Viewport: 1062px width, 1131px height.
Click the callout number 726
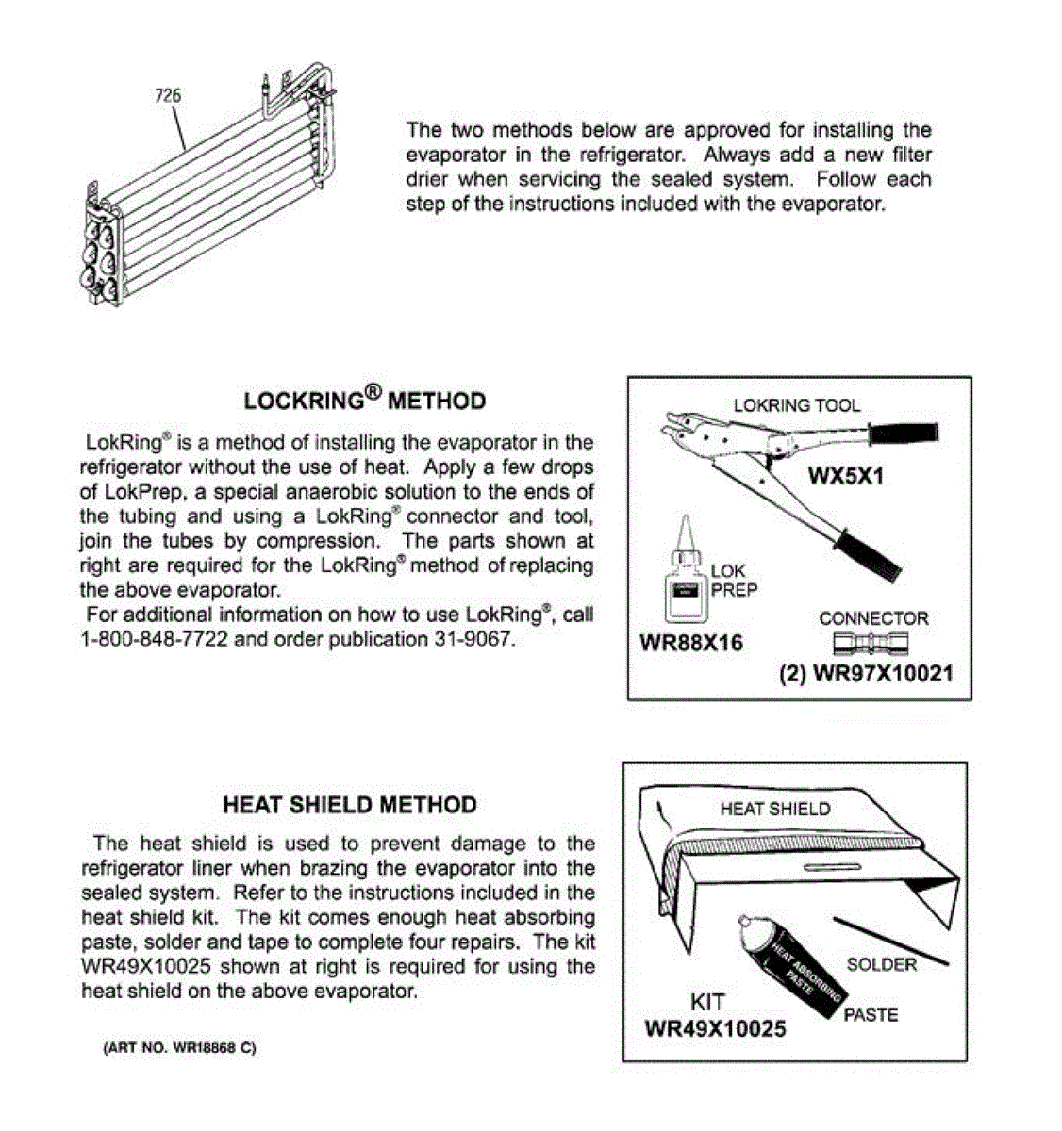click(x=168, y=95)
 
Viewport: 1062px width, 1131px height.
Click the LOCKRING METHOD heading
click(x=364, y=400)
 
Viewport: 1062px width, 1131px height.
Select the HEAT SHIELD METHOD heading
click(x=350, y=805)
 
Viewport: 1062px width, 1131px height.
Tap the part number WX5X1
click(x=846, y=476)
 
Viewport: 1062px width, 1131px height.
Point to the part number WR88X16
click(x=691, y=644)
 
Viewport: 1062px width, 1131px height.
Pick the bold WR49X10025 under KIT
click(x=715, y=1029)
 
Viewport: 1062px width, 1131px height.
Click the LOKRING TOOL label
click(x=797, y=405)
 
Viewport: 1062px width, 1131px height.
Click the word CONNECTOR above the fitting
click(x=873, y=618)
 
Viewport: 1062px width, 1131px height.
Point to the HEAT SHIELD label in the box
click(x=775, y=809)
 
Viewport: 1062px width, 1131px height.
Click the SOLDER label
click(x=882, y=964)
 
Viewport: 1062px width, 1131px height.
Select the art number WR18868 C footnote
click(x=179, y=1048)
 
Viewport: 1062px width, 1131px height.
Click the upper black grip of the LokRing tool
click(x=903, y=434)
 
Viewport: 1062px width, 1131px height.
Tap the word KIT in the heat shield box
click(x=708, y=1002)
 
